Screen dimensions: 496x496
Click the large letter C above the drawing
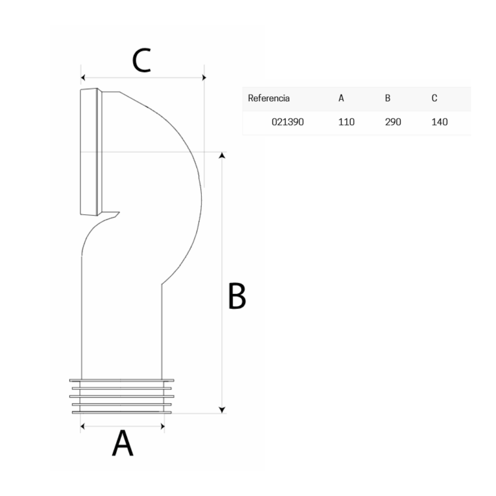click(x=141, y=60)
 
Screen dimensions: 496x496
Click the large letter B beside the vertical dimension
click(x=237, y=296)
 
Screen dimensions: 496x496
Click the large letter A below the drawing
click(x=123, y=443)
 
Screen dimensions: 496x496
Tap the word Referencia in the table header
click(x=268, y=98)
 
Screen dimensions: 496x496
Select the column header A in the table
click(x=341, y=98)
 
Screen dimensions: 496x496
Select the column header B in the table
click(x=387, y=98)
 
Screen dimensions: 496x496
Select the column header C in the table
click(x=434, y=98)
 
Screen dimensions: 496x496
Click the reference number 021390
click(x=288, y=122)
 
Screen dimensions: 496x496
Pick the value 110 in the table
click(x=346, y=122)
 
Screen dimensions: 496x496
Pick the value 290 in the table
click(x=393, y=122)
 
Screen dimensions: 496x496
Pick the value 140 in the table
click(x=439, y=122)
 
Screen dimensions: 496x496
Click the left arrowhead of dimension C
click(x=83, y=77)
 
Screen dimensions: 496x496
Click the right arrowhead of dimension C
click(x=204, y=77)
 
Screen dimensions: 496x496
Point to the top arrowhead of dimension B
click(x=222, y=155)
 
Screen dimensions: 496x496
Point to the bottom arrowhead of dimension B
click(x=222, y=410)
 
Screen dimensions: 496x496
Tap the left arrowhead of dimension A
click(x=83, y=427)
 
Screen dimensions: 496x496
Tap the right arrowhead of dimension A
click(x=163, y=427)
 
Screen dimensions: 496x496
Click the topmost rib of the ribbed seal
click(x=122, y=380)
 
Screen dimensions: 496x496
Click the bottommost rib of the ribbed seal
click(x=122, y=413)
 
